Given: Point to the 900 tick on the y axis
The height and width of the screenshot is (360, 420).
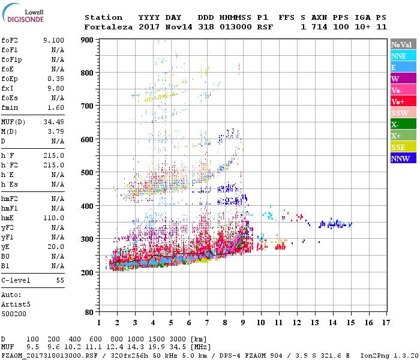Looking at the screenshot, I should coord(86,40).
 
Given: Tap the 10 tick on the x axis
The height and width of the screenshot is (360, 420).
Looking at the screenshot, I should coord(260,323).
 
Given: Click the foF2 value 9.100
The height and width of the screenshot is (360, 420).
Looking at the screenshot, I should coord(53,40).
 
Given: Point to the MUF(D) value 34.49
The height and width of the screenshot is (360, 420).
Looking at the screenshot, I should coord(55,122).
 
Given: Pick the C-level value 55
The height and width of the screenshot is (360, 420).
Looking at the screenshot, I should coord(60,280).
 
